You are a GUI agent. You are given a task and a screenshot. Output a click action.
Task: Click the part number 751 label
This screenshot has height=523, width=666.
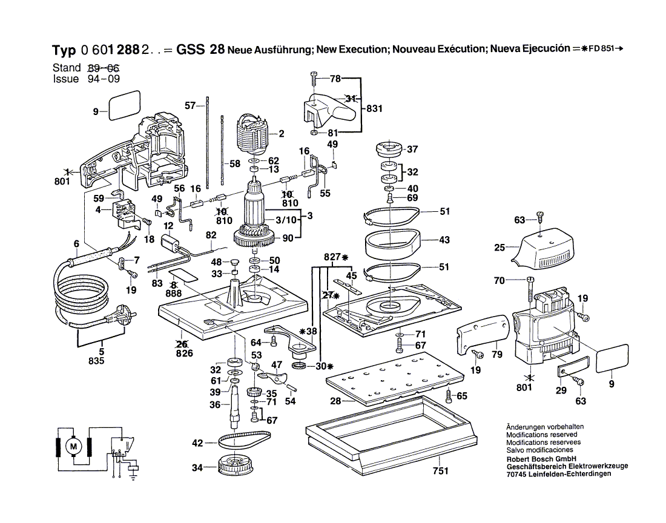[440, 472]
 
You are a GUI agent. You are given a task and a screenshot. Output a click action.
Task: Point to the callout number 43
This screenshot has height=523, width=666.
[444, 240]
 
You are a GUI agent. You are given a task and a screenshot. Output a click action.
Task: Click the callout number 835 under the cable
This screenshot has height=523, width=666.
[96, 361]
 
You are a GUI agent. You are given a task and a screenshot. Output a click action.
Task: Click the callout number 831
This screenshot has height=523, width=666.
[374, 109]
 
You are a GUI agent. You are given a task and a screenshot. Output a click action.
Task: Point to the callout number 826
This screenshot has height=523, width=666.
[183, 353]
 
